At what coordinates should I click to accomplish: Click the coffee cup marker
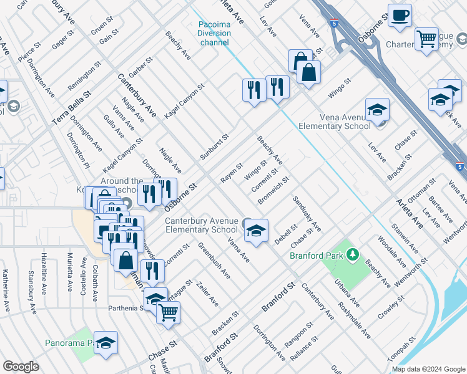(x=400, y=15)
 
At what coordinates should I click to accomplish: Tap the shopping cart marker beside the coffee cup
(x=427, y=39)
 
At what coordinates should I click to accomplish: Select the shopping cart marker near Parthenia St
(x=168, y=313)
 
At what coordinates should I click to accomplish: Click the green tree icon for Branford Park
(x=353, y=254)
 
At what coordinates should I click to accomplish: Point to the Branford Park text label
(x=317, y=255)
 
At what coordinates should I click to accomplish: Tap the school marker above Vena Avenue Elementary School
(x=377, y=110)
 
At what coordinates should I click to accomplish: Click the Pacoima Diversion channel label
(x=214, y=34)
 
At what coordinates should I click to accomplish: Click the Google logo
(x=21, y=366)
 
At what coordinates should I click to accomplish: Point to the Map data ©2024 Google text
(x=428, y=369)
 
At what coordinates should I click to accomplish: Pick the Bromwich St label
(x=272, y=192)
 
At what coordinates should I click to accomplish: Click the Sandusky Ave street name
(x=306, y=214)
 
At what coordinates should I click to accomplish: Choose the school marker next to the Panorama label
(x=106, y=343)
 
